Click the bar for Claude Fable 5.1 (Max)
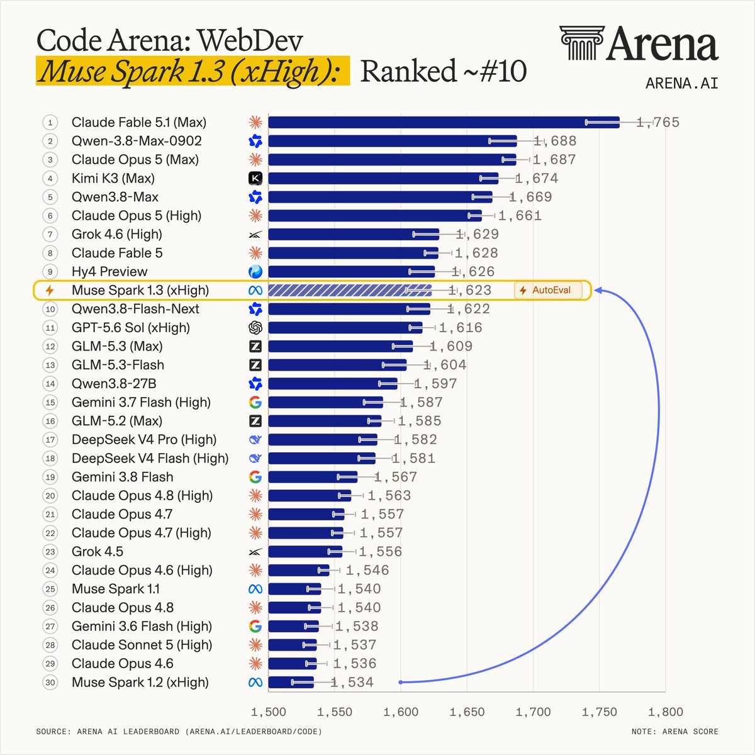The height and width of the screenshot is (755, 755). [444, 122]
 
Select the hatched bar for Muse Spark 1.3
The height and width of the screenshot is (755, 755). [350, 290]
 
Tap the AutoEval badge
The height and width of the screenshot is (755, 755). [548, 290]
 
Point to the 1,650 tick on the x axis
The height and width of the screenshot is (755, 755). [467, 712]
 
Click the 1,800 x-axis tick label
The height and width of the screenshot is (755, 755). [665, 712]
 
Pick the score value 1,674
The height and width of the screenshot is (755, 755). [537, 179]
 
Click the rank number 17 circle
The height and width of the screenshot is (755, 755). [50, 440]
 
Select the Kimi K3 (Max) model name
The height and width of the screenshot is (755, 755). [113, 179]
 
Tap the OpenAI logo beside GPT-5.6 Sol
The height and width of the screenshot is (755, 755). [255, 328]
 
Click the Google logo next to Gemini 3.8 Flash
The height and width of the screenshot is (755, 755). [255, 477]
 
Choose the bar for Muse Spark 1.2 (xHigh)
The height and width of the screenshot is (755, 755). [291, 682]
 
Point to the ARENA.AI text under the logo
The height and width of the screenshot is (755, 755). [682, 84]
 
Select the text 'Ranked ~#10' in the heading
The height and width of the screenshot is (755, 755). [443, 71]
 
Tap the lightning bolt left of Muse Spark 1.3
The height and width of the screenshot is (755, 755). [50, 290]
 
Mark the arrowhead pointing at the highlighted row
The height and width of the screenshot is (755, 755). [598, 290]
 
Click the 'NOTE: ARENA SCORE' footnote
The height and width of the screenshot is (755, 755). [674, 732]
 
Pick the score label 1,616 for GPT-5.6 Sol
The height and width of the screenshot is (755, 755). [461, 328]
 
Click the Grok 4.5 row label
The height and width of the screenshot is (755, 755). [98, 552]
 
